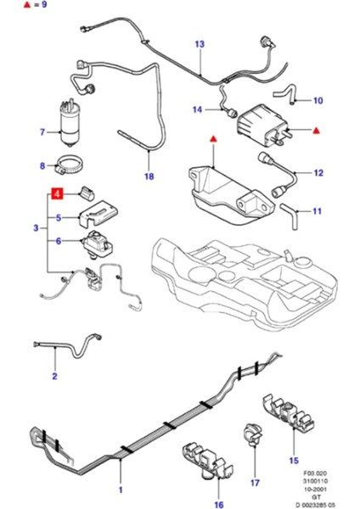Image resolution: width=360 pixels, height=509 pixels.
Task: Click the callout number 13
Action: [x=200, y=43]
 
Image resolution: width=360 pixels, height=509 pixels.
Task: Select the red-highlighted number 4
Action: [x=57, y=193]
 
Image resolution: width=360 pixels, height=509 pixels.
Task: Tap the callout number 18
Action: [x=149, y=176]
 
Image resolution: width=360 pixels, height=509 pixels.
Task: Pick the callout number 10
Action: [x=318, y=100]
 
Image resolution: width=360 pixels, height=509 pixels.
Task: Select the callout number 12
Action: [x=318, y=173]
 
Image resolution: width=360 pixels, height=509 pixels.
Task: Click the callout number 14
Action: [x=197, y=109]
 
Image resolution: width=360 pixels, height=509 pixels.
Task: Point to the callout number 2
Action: [x=53, y=376]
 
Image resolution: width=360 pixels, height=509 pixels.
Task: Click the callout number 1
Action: [x=120, y=489]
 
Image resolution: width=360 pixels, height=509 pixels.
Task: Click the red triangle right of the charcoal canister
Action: [x=317, y=131]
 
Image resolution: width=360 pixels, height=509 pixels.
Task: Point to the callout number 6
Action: [x=57, y=240]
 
